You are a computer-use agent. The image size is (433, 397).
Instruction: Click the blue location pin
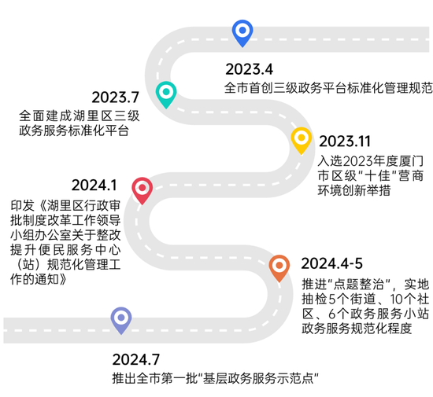coord(242,32)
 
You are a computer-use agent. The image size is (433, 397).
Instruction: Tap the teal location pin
coord(166,94)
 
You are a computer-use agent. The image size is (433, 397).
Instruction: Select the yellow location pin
coord(302,139)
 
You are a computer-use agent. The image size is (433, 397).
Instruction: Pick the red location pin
coord(142,189)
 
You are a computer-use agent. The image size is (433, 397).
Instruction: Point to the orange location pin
coord(279,267)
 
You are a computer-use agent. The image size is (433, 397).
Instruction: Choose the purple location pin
coord(121,320)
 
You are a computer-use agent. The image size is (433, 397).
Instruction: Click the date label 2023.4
coord(249,69)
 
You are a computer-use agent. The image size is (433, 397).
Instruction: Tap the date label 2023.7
coord(115,97)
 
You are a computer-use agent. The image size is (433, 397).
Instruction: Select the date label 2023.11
coord(345,142)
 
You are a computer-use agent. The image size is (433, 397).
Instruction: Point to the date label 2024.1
coord(94,185)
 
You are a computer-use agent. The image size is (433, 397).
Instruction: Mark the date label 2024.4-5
coord(332,263)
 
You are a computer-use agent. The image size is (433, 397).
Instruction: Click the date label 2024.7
coord(136,359)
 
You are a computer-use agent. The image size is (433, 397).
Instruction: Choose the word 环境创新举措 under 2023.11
coord(354,190)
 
